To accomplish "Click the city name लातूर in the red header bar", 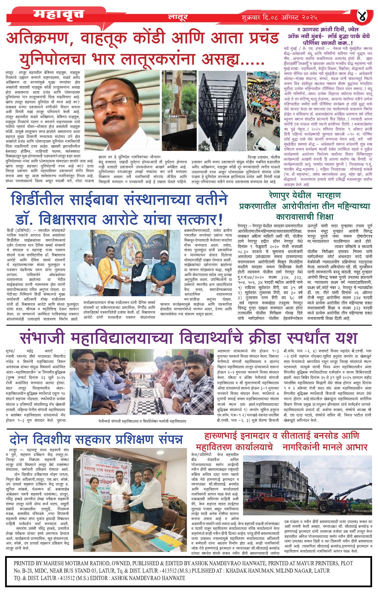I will point(178,17).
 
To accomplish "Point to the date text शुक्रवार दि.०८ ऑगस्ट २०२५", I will point(279,17).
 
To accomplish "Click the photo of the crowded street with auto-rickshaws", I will point(263,111).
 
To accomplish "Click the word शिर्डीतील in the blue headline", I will point(37,200).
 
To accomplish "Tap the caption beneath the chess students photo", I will point(142,421).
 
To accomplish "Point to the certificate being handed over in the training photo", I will point(118,501).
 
